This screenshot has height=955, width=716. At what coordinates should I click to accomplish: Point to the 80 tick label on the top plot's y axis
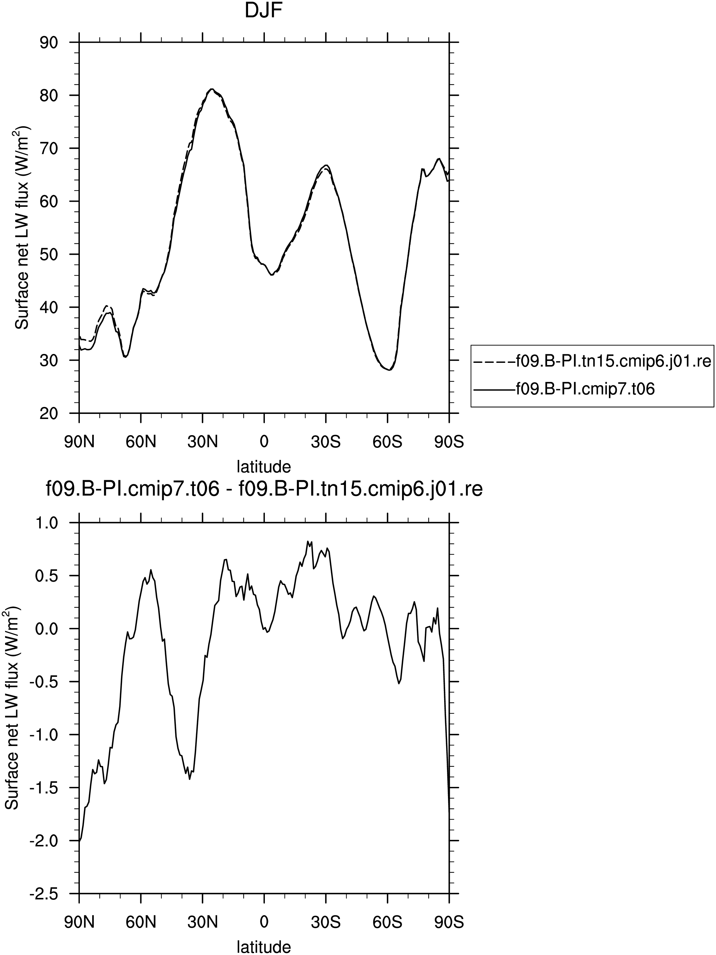49,95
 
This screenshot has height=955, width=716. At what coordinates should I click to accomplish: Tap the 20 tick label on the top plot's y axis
49,414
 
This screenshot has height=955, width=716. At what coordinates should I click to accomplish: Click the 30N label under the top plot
202,442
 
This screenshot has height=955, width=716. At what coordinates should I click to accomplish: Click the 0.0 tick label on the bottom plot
47,629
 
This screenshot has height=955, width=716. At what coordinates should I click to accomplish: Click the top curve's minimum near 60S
389,370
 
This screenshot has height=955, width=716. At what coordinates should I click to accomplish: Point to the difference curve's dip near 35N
189,779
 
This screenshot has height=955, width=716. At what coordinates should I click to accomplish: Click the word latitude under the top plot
264,466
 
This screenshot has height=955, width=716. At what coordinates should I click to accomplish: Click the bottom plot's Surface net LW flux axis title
12,708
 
